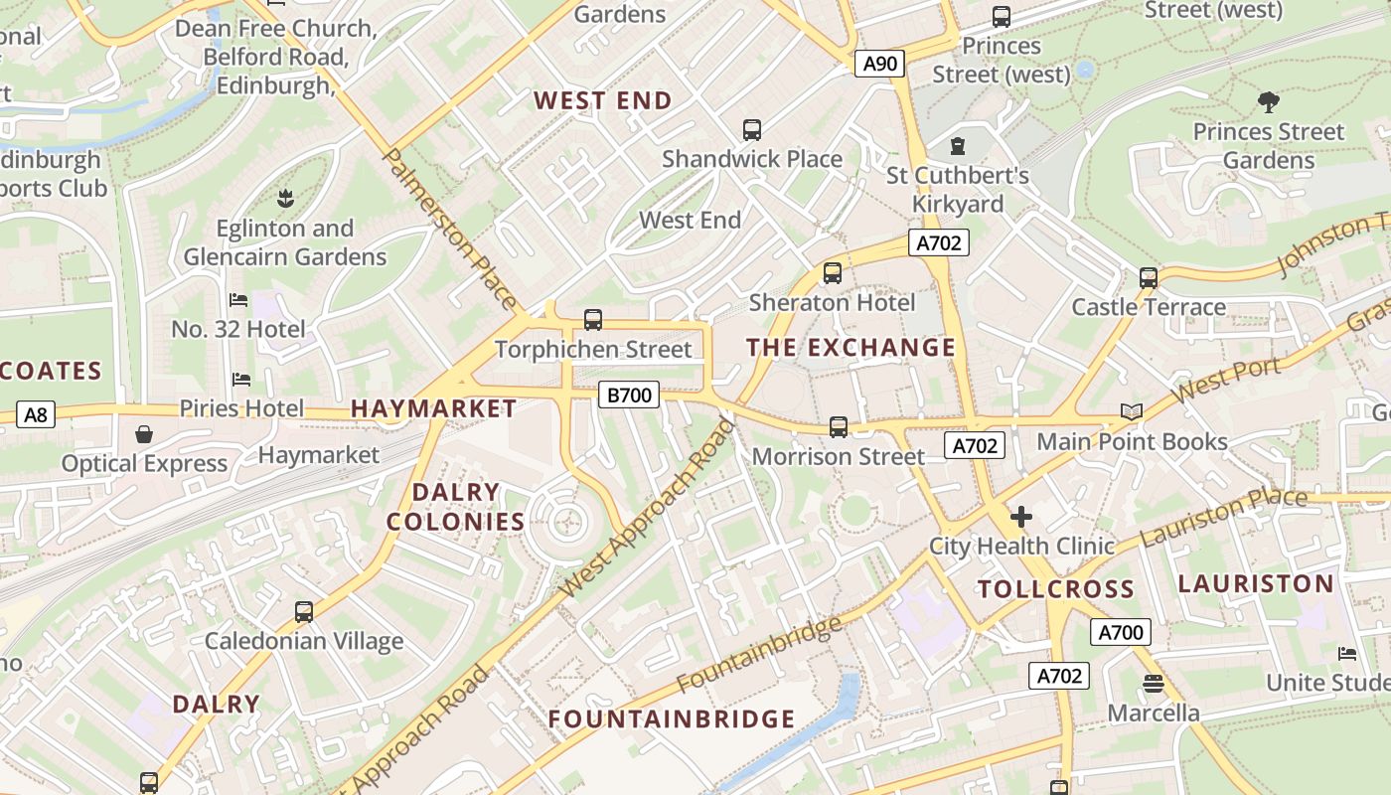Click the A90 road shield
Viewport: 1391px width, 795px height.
coord(879,65)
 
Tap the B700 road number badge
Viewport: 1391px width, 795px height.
coord(629,396)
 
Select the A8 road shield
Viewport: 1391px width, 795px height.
coord(35,414)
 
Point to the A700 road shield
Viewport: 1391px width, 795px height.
coord(1121,632)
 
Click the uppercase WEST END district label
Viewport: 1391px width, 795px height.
coord(603,100)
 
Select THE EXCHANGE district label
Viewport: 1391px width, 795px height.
coord(850,348)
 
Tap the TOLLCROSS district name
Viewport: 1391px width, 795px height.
coord(1055,589)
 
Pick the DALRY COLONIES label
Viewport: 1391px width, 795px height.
coord(456,507)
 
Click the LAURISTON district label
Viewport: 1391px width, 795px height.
coord(1256,583)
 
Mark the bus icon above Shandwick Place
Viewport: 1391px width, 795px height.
coord(752,130)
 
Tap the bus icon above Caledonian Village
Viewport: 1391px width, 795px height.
coord(304,612)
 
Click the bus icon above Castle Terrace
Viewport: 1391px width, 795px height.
coord(1149,278)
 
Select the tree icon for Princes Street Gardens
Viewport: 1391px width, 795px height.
coord(1268,101)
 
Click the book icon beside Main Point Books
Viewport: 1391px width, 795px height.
coord(1131,411)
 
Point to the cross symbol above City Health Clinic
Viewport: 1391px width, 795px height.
coord(1021,517)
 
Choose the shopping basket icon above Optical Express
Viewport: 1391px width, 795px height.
coord(144,435)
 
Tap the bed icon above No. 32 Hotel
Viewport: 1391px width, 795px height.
coord(238,300)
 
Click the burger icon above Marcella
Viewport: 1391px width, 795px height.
coord(1153,684)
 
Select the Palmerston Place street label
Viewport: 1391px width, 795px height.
coord(449,230)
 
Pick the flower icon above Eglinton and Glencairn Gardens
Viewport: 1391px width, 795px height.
coord(285,199)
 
